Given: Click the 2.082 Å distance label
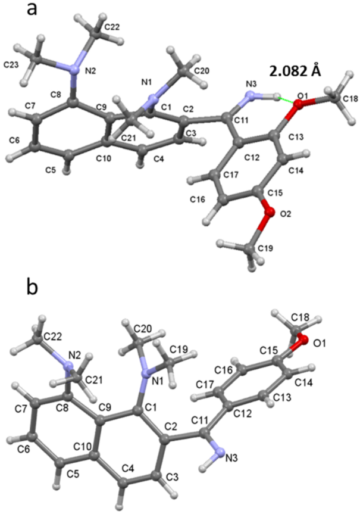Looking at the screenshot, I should click(295, 72).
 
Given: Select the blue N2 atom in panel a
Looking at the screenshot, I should click(74, 70).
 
